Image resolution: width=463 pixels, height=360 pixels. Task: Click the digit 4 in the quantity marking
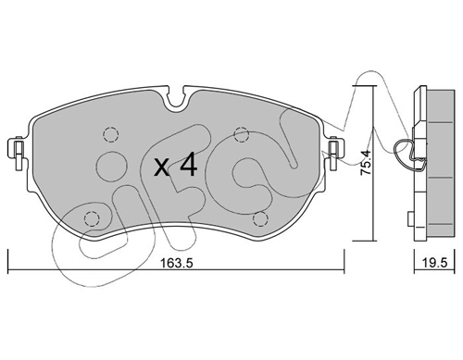click(187, 166)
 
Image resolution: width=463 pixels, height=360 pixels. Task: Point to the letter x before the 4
click(161, 168)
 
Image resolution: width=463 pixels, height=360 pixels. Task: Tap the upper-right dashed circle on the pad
click(241, 131)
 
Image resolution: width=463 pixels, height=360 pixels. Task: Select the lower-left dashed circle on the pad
click(91, 218)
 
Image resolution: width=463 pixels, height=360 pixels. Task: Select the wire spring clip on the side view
click(404, 152)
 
